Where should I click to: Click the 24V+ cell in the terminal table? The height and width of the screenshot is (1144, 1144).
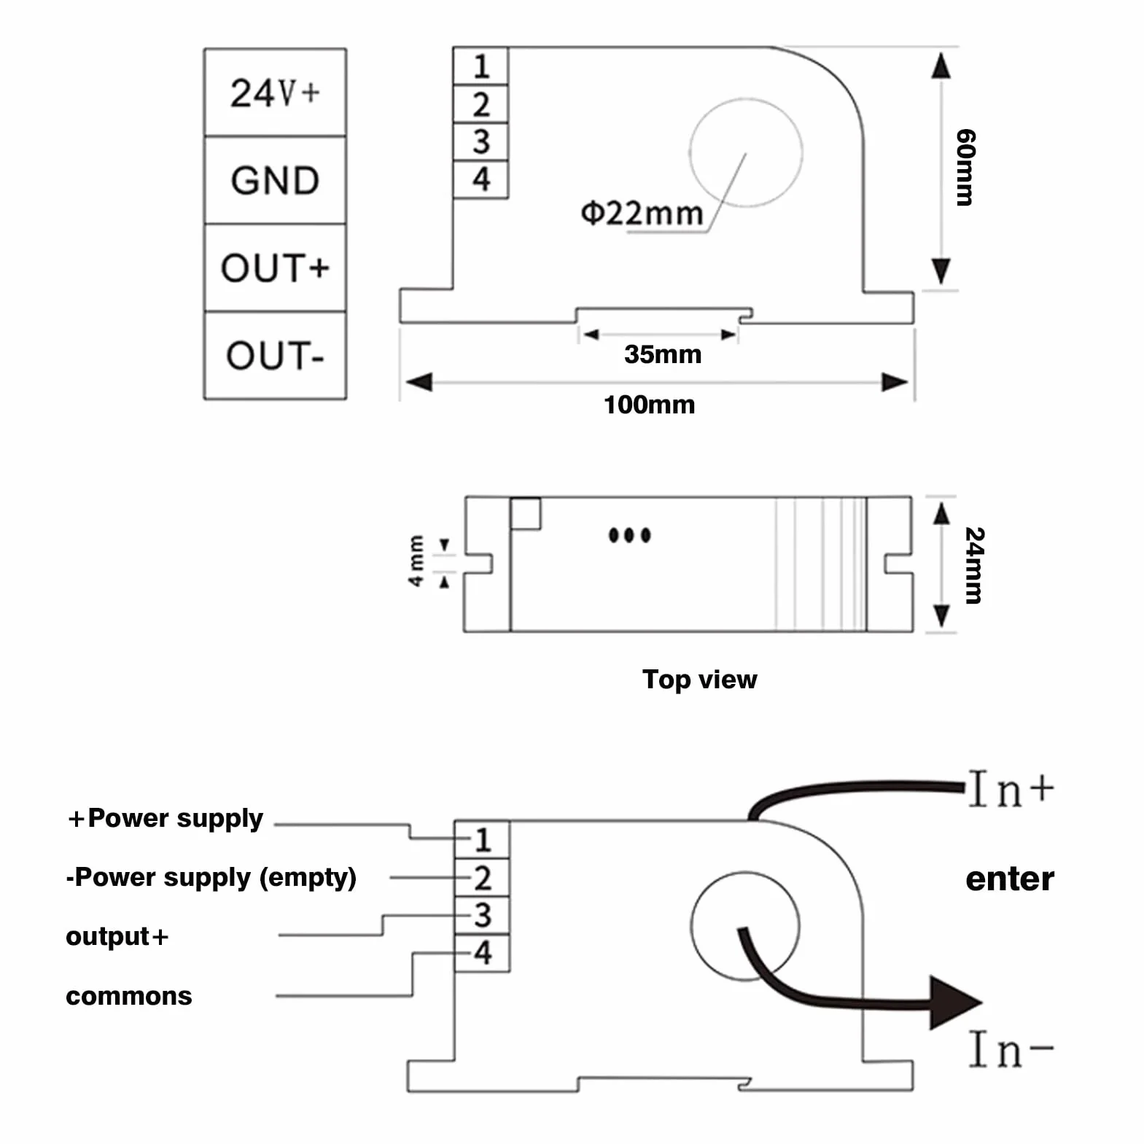275,93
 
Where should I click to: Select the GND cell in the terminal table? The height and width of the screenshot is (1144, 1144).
275,180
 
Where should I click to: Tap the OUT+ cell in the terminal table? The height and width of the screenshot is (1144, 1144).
275,268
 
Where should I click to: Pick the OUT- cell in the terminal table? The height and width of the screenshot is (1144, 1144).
275,355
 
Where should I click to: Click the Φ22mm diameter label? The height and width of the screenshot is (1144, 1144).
642,213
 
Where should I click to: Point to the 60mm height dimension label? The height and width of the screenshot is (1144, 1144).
965,168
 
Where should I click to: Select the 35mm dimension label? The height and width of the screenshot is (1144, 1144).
663,354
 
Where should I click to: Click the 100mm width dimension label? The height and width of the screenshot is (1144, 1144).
649,405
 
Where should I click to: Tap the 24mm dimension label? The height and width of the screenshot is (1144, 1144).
974,565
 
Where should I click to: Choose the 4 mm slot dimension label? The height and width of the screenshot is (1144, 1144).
416,561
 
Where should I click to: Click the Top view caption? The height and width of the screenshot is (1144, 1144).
699,680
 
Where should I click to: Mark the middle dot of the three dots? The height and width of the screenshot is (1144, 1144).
629,535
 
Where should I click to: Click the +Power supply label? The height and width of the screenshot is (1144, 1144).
166,819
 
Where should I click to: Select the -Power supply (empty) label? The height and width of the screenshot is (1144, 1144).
211,877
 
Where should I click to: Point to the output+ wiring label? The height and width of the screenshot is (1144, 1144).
117,936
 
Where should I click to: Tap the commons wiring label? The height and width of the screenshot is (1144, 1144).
129,996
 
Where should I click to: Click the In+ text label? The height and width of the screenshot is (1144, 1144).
1011,789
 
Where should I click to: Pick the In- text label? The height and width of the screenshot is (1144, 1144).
1011,1050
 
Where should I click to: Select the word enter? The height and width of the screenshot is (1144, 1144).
1010,879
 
